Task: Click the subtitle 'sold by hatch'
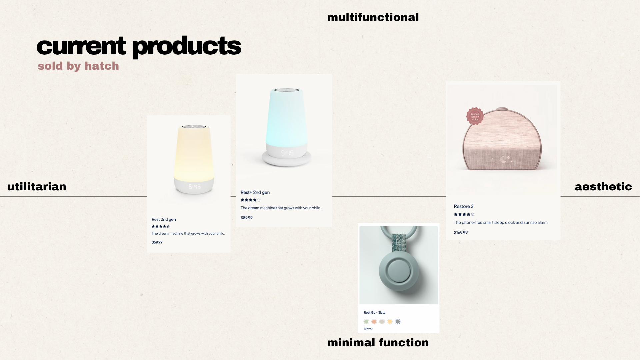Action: (78, 66)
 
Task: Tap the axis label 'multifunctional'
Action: (373, 17)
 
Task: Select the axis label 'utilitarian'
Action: (37, 186)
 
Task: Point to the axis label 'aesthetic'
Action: (603, 186)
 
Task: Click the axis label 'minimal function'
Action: (378, 342)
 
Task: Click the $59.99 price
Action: (157, 242)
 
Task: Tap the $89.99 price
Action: (247, 218)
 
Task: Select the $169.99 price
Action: (461, 233)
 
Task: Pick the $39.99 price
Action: (368, 329)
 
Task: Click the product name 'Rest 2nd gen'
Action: (164, 219)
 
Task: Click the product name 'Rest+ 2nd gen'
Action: (255, 192)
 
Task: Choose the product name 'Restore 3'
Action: (464, 206)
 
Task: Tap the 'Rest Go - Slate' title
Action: (375, 313)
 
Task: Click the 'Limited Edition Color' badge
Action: (475, 116)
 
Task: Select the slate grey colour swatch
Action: (397, 322)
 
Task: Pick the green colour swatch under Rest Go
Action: (366, 322)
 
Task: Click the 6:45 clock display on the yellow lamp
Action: (195, 187)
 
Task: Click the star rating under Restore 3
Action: (464, 214)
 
